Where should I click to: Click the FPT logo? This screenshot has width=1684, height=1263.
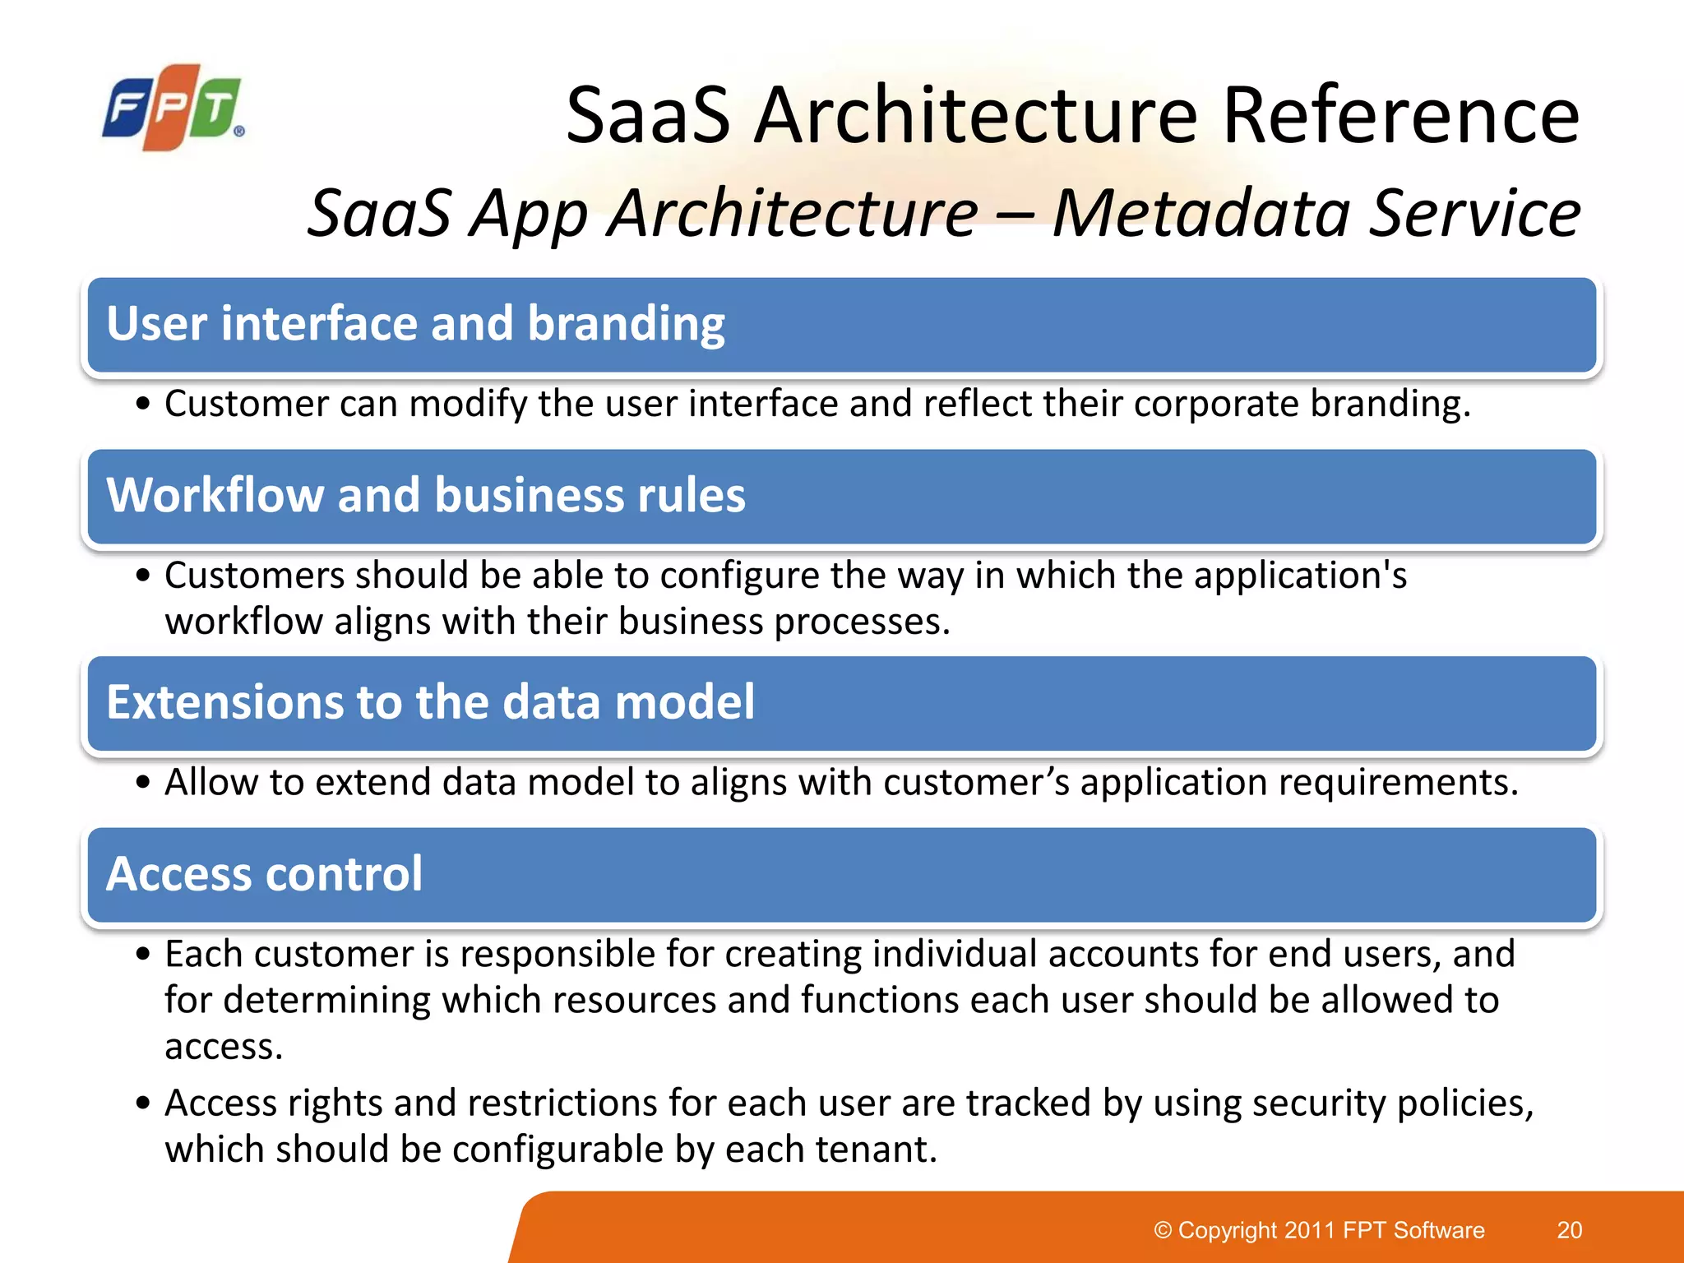[173, 108]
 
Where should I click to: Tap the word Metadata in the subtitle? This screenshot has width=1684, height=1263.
[1201, 213]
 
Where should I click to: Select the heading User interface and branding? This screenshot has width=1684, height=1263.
[415, 323]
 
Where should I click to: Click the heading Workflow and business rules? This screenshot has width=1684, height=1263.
[426, 496]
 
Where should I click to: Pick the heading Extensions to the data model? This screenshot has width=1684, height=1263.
[430, 702]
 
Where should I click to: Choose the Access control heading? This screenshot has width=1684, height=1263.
[264, 874]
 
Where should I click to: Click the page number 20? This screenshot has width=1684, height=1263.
[1569, 1230]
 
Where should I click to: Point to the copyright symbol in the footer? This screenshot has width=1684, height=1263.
[1163, 1230]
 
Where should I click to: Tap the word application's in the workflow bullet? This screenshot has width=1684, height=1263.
[1300, 575]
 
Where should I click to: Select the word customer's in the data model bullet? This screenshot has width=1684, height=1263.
[976, 782]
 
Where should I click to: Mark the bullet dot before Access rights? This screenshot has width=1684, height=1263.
[144, 1103]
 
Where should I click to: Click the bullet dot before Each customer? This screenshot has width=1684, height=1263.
[144, 955]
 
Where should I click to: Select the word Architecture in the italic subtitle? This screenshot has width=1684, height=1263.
[793, 213]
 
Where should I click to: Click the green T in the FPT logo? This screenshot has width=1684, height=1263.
[216, 108]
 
